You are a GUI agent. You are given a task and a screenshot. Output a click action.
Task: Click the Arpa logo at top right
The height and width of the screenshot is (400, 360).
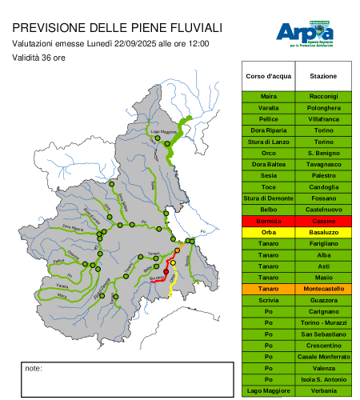(x=305, y=33)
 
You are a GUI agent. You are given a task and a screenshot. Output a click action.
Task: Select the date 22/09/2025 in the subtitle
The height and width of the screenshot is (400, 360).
(x=137, y=43)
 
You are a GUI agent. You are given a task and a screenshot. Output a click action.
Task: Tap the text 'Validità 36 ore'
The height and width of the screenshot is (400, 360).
(x=39, y=58)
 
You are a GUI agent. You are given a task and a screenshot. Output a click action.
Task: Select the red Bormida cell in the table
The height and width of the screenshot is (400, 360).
(x=269, y=220)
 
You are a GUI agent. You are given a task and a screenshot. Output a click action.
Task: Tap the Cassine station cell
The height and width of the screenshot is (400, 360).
(x=323, y=220)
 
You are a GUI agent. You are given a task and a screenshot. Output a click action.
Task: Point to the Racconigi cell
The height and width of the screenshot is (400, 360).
(x=323, y=96)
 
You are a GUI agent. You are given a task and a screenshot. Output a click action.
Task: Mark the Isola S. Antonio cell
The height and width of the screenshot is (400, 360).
(x=323, y=378)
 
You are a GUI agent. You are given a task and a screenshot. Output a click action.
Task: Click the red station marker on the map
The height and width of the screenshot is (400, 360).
(x=166, y=272)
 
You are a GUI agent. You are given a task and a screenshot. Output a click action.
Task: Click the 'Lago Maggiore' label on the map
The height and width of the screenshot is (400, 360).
(x=163, y=131)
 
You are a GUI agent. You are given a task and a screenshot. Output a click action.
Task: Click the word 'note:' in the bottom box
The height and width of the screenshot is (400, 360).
(x=34, y=369)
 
